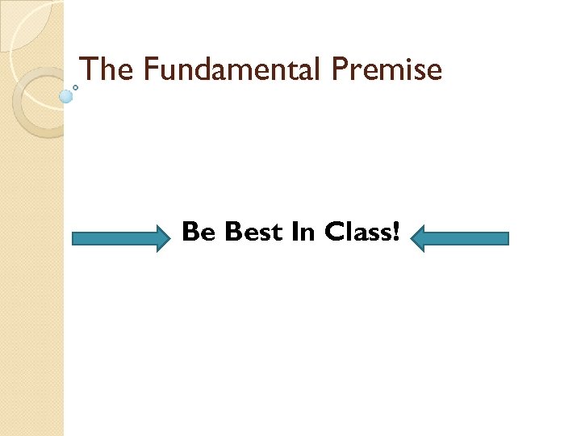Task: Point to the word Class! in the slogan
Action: pyautogui.click(x=362, y=232)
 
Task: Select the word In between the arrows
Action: pyautogui.click(x=303, y=232)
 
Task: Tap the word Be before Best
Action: pyautogui.click(x=199, y=233)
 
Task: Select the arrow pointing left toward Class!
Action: pyautogui.click(x=460, y=238)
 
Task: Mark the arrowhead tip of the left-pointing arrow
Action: pyautogui.click(x=412, y=238)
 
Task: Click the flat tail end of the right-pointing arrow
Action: pyautogui.click(x=74, y=238)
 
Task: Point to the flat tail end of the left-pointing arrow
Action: pyautogui.click(x=508, y=238)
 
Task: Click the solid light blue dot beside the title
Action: pyautogui.click(x=66, y=96)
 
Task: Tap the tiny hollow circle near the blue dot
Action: pyautogui.click(x=76, y=86)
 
